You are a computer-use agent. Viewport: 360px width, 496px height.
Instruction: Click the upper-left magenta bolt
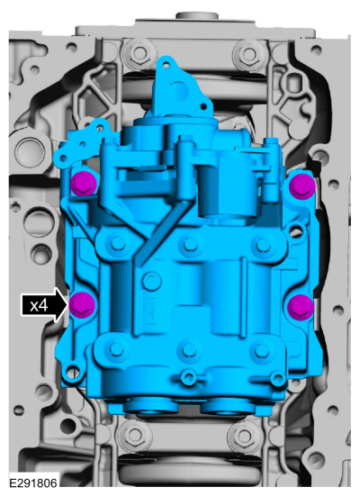click(83, 184)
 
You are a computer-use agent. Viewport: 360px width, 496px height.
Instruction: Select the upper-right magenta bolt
click(302, 186)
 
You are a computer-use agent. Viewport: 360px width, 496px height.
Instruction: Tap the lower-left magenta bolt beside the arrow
click(82, 305)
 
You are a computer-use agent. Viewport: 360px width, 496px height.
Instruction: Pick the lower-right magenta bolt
click(301, 307)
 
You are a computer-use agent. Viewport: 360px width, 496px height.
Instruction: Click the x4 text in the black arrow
click(39, 305)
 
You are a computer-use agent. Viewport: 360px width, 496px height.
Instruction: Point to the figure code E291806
click(33, 483)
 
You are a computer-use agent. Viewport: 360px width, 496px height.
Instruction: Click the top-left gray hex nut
click(139, 52)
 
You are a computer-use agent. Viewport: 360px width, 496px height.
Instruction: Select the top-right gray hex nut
click(250, 54)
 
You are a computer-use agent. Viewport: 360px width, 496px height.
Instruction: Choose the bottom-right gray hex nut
click(244, 436)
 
